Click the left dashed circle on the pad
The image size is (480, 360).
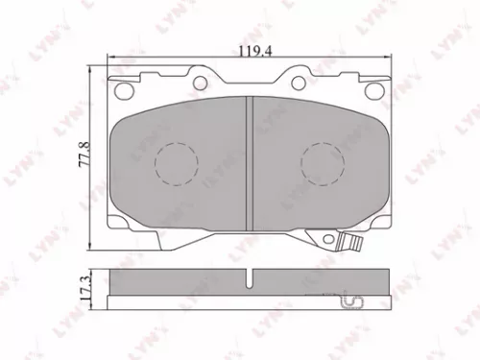tap(175, 162)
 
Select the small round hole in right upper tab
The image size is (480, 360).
tap(300, 80)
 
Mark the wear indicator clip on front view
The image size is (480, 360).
tap(349, 241)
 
